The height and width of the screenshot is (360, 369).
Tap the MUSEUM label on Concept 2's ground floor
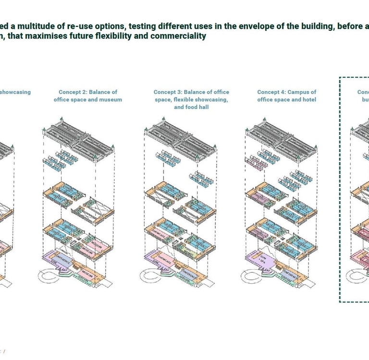(88, 274)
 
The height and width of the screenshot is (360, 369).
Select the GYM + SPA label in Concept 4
(264, 261)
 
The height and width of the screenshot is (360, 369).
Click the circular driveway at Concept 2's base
(51, 279)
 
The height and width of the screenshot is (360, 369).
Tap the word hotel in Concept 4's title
(308, 100)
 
